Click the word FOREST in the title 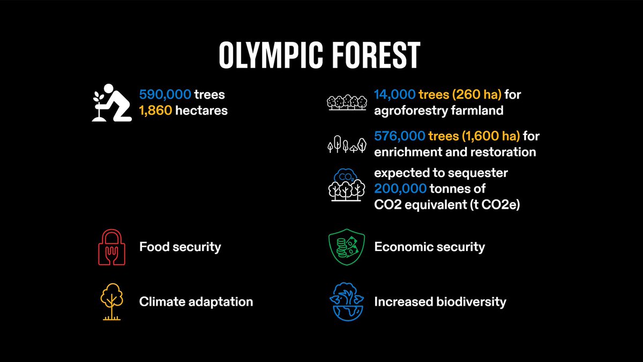pos(377,56)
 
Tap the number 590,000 pos(165,95)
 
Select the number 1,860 pos(156,111)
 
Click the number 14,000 pos(394,95)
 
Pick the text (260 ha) pos(475,95)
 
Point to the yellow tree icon pos(111,302)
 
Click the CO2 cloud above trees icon pos(343,186)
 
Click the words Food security pos(180,247)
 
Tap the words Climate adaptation pos(196,302)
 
